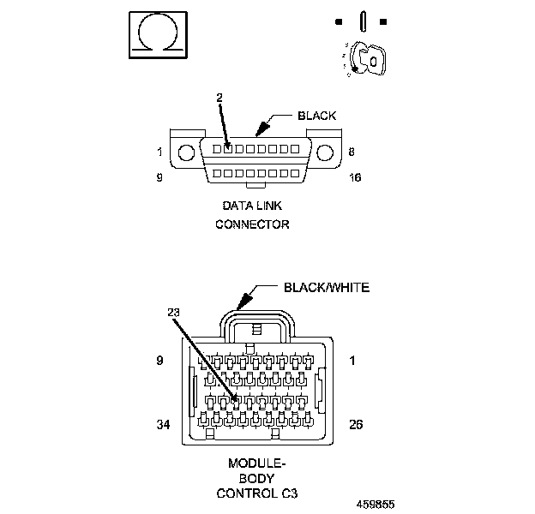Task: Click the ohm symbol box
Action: (157, 34)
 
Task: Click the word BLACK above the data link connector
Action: (316, 116)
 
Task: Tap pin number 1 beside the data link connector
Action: (159, 152)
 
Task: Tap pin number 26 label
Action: (358, 424)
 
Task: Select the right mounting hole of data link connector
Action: (325, 152)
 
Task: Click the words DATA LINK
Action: (252, 206)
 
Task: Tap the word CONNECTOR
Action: (252, 224)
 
